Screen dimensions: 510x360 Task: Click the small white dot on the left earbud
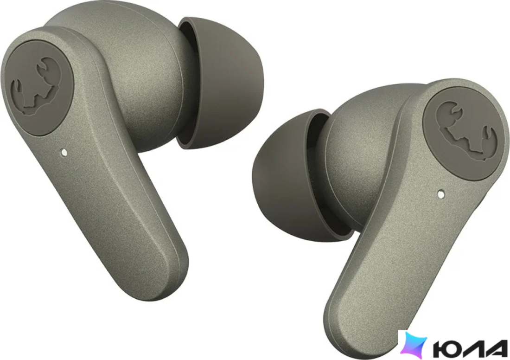click(x=64, y=152)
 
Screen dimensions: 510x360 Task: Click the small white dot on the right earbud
click(x=441, y=194)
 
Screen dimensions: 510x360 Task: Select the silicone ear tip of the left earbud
click(x=221, y=83)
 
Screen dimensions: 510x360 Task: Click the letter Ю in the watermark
click(x=446, y=349)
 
